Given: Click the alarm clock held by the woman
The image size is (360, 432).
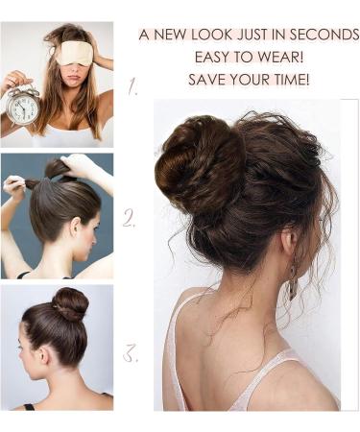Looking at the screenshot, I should coord(23,106).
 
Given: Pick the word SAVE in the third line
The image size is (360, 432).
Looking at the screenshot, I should coord(206,79).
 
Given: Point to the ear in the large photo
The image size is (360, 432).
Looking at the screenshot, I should coord(289,245).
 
